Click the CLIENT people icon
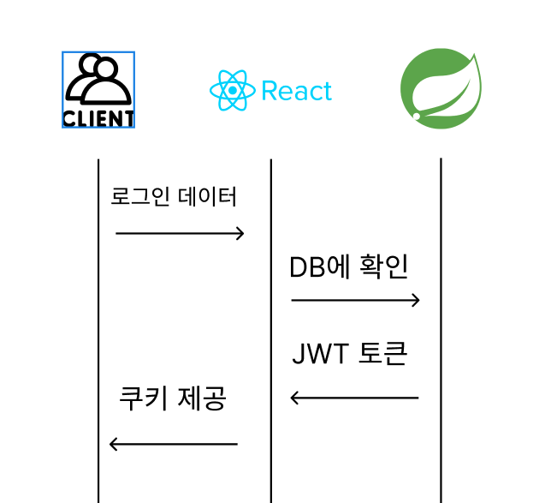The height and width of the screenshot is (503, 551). (98, 90)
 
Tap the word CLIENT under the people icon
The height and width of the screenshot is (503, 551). (98, 118)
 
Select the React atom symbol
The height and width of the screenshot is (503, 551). (232, 91)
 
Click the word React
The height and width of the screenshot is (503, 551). (297, 91)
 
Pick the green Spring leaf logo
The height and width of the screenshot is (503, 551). (441, 89)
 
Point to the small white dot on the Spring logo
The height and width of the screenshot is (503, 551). (417, 116)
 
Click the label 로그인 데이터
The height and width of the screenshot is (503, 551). (174, 196)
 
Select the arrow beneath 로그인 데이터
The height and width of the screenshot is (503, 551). (180, 233)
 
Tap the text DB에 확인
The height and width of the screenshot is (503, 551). (348, 267)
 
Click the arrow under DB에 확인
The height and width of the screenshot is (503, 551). (355, 300)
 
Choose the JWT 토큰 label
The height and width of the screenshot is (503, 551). (350, 353)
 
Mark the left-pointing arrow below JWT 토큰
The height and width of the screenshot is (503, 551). (354, 398)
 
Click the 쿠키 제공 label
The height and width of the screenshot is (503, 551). (173, 398)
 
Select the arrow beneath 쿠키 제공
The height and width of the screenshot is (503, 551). (174, 444)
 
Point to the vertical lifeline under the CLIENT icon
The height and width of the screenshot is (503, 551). (98, 331)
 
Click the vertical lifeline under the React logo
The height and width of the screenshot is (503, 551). (271, 331)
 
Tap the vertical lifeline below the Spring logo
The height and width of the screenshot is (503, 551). (441, 331)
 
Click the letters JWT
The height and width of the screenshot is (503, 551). (321, 354)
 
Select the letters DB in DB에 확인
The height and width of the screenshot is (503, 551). (308, 267)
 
